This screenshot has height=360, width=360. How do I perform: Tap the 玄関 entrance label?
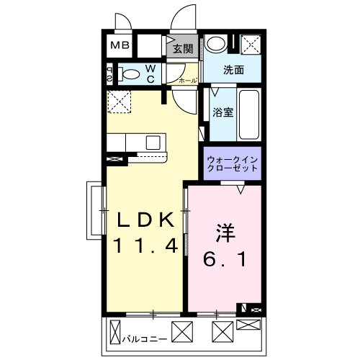coord(183,49)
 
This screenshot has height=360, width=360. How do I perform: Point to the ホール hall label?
coord(187,81)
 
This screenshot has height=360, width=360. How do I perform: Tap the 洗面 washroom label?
coord(233,71)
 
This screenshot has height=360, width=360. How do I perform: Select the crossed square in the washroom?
coord(253,45)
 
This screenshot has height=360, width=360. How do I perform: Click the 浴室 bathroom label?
coord(222,112)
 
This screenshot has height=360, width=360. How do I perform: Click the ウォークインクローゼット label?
coord(230,162)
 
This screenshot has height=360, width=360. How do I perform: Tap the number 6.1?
coord(225,258)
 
